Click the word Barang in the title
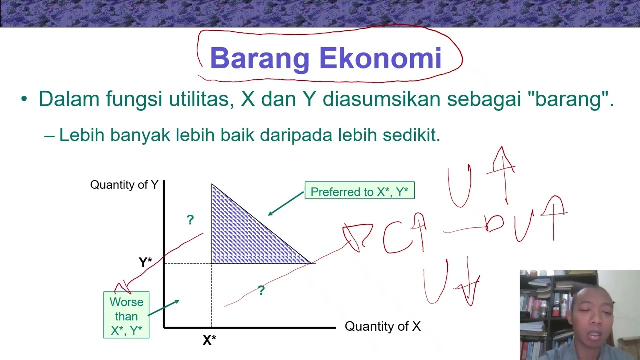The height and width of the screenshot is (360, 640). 260,59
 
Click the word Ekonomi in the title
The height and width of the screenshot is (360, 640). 380,58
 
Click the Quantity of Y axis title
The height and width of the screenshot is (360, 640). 124,185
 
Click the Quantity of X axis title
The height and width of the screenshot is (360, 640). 383,327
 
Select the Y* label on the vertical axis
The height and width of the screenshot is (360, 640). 145,262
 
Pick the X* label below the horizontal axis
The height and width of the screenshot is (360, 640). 209,340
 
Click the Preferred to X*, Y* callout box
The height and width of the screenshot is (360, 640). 359,191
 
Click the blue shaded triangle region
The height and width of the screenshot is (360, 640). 240,235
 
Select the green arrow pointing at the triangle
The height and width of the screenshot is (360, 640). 286,205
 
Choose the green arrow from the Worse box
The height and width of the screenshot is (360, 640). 164,308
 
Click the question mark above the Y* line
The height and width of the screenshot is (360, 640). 190,220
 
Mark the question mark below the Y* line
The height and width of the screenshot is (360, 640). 261,290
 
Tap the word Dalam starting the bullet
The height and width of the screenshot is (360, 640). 69,99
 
